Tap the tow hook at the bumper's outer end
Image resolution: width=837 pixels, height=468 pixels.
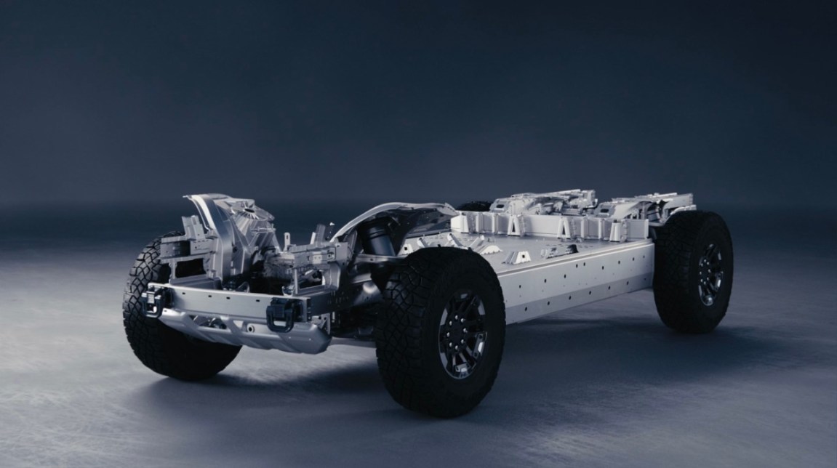154,299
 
